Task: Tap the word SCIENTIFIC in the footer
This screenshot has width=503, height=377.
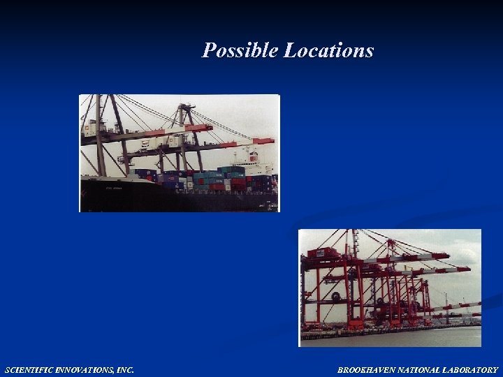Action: click(x=31, y=370)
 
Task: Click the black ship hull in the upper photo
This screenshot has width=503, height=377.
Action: click(x=140, y=195)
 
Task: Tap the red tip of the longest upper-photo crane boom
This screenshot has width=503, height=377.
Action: click(x=264, y=140)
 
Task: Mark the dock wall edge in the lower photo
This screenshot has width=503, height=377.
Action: click(x=391, y=330)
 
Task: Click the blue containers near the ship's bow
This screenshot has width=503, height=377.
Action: click(x=143, y=173)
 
